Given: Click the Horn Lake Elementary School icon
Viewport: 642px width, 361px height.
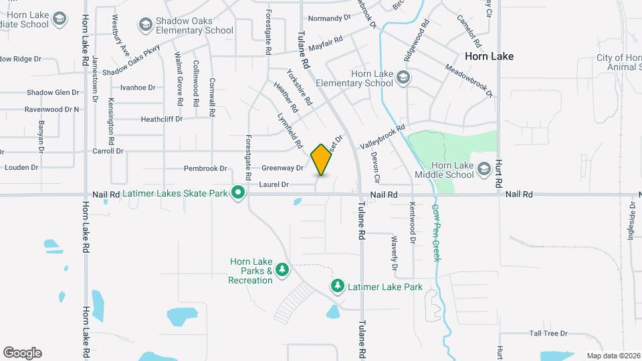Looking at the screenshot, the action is pos(403,78).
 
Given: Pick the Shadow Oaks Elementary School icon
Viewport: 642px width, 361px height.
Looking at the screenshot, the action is pos(145,25).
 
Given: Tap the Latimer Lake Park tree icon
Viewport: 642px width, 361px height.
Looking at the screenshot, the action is pos(338,286).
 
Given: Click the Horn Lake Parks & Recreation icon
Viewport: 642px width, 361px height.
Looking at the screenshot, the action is pos(282,269).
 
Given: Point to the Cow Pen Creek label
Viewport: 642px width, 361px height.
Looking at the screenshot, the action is pos(435,232).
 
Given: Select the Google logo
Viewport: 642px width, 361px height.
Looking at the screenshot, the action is pos(22,352).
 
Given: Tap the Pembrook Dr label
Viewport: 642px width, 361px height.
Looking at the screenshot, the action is pos(209,168).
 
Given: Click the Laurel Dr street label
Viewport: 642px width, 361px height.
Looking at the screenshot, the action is pos(274,184).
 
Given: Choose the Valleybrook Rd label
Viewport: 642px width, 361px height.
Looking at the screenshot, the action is pos(383,137).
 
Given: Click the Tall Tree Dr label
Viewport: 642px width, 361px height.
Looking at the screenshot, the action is pos(548,333).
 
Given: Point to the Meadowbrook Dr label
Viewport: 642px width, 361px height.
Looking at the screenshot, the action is pos(468,80).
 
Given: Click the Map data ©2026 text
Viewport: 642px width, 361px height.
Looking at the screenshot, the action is pos(613,356).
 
